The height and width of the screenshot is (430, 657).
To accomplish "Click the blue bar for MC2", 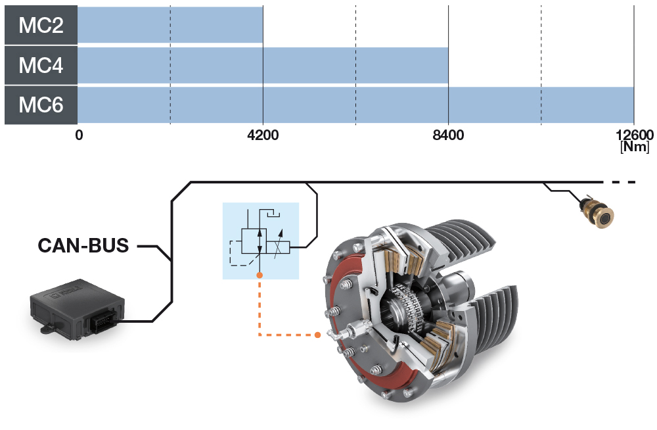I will [170, 24].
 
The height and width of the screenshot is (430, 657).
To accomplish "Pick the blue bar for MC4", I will [263, 65].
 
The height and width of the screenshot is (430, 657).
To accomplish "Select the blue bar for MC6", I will [355, 105].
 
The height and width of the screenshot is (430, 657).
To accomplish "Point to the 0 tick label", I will [79, 135].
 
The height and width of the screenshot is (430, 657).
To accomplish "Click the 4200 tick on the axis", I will [263, 135].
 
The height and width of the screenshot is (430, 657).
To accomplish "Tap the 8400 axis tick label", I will [448, 135].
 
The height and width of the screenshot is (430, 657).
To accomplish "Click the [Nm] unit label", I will [634, 147].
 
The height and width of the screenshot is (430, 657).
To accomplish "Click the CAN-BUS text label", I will [83, 247].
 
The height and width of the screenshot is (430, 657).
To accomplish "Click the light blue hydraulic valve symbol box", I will [261, 240].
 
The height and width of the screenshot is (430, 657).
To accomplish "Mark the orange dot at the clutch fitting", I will [318, 335].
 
